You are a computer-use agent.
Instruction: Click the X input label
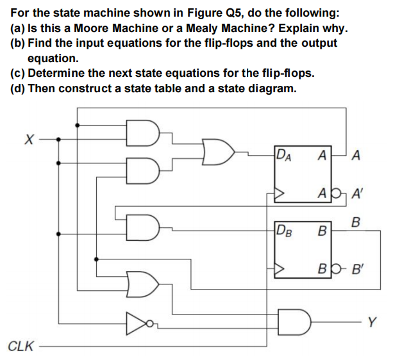29,139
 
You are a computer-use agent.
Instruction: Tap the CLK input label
21,347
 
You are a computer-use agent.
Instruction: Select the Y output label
372,322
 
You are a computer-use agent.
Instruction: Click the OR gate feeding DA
219,152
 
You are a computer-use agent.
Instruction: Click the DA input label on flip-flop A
283,156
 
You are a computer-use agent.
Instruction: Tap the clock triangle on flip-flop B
280,269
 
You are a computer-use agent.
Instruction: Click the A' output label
357,193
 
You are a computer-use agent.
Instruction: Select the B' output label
357,269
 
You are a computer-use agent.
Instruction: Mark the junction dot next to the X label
58,139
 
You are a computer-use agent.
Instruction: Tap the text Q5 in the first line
235,13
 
